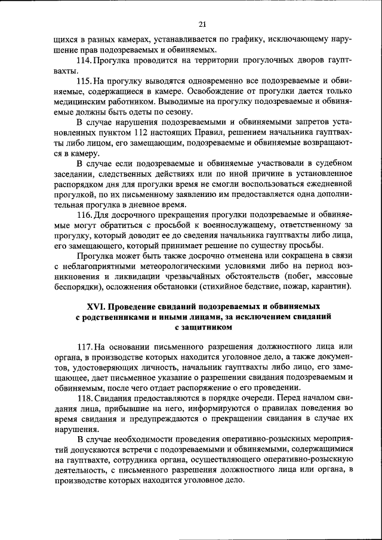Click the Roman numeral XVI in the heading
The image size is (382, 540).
coord(97,306)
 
